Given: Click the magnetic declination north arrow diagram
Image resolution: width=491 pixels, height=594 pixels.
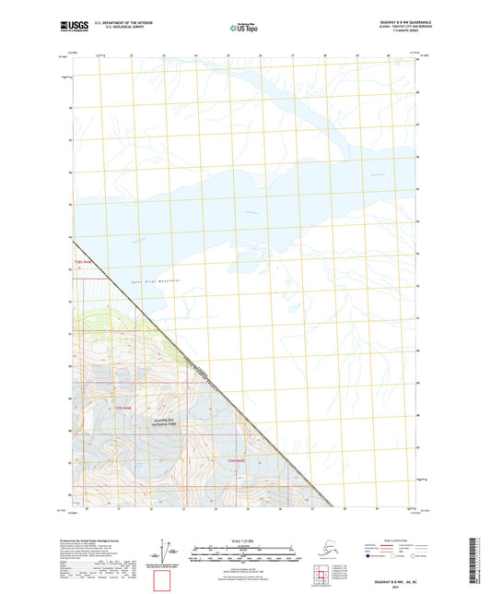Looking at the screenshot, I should pos(168,552).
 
